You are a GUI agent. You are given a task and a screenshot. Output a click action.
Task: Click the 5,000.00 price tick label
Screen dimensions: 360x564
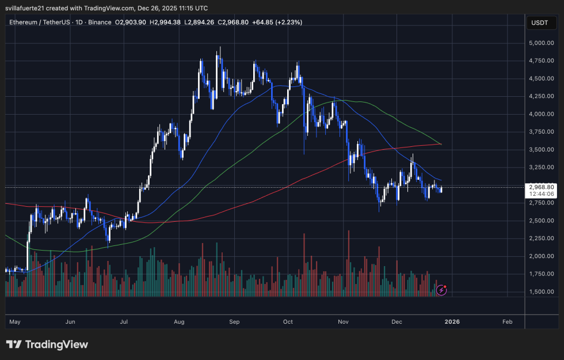click(x=540, y=43)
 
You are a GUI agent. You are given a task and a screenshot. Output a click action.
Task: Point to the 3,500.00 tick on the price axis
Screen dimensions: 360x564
click(x=540, y=150)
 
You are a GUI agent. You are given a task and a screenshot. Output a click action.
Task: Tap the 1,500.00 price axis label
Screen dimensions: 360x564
click(x=540, y=292)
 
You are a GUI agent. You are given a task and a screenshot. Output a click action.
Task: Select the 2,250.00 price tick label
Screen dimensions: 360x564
click(x=540, y=238)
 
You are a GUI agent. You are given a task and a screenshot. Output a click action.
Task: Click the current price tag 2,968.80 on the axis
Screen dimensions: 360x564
click(x=540, y=187)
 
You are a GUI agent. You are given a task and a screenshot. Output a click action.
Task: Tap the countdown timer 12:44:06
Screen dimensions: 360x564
click(x=540, y=194)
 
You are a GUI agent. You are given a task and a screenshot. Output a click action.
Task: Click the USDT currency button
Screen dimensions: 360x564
click(x=539, y=23)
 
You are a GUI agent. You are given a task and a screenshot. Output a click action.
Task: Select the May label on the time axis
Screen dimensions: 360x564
click(x=16, y=322)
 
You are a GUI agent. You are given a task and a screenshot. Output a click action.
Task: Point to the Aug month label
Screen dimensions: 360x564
click(x=178, y=322)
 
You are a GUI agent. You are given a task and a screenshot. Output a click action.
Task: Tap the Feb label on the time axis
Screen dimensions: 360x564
click(x=507, y=322)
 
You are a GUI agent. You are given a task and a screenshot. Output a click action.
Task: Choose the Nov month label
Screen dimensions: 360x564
click(x=343, y=322)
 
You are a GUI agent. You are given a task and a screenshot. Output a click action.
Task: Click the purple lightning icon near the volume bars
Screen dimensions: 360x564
click(x=441, y=290)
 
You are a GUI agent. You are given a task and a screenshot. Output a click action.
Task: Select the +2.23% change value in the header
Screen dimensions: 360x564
click(x=289, y=22)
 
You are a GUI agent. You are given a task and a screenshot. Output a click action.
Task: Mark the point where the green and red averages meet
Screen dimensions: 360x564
click(x=441, y=144)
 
